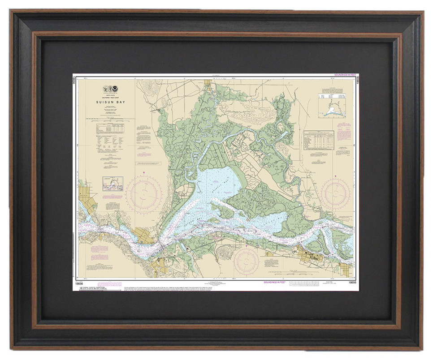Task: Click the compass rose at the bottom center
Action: coord(246,261)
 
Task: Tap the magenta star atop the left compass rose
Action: coord(143,172)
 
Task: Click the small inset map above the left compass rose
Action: coord(113,183)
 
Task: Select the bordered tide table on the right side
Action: coord(318,140)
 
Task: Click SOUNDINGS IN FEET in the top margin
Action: coord(344,75)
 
